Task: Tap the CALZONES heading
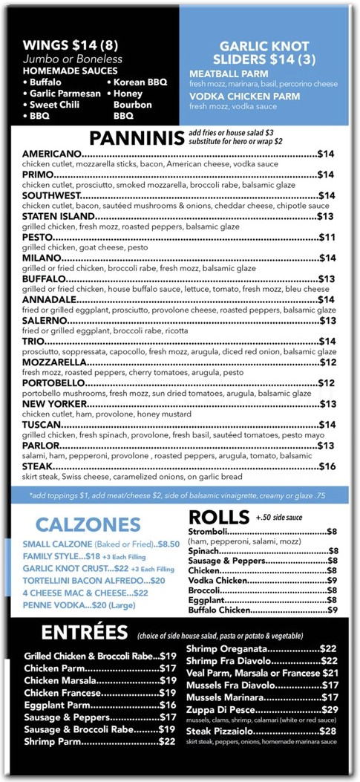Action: (88, 523)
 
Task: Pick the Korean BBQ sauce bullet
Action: (140, 82)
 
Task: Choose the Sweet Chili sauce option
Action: (56, 105)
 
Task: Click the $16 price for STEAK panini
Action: (327, 466)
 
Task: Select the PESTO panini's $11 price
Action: (327, 237)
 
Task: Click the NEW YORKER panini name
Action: (56, 404)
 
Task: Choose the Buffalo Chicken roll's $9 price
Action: (333, 610)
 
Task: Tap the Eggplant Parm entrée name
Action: (58, 705)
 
